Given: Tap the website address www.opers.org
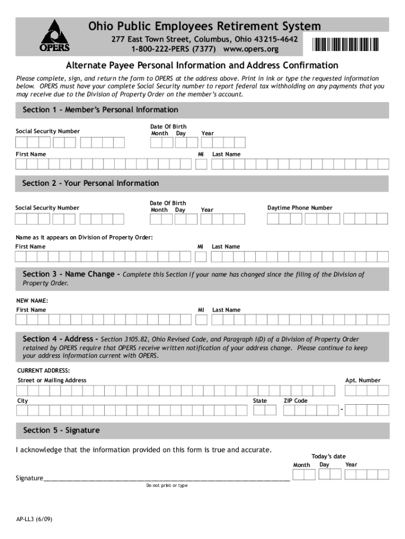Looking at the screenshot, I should click(x=250, y=49).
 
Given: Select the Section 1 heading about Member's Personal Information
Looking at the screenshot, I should click(x=100, y=110).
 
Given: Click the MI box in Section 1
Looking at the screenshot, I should click(x=201, y=164).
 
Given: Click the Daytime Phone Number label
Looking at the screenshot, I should click(x=300, y=208).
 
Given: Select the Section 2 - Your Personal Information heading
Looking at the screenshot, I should click(x=90, y=184).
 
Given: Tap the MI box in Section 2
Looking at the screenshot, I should click(x=200, y=256).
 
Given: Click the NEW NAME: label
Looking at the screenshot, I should click(x=32, y=301).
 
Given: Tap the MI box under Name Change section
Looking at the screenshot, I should click(x=201, y=320).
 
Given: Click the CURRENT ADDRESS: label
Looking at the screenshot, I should click(x=44, y=371).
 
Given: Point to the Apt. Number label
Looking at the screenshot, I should click(x=362, y=380).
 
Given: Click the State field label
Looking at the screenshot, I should click(x=260, y=401).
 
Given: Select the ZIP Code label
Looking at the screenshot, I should click(x=296, y=401).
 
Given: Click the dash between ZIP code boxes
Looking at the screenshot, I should click(x=342, y=410).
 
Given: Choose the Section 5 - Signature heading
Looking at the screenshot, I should click(x=61, y=431).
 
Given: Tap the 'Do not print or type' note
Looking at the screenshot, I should click(x=167, y=485).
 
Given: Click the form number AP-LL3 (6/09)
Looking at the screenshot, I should click(x=34, y=518).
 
